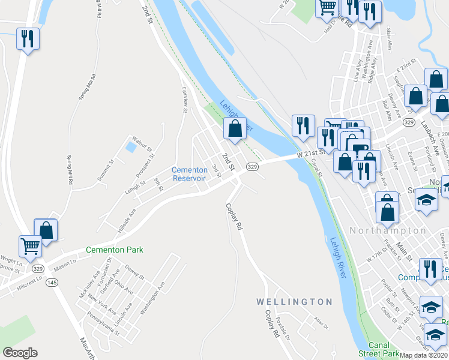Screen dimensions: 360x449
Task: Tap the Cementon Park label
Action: pyautogui.click(x=115, y=250)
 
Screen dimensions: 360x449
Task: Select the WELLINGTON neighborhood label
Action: pyautogui.click(x=294, y=301)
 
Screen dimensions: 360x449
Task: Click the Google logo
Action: pyautogui.click(x=20, y=353)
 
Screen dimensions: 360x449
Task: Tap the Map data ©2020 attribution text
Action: pyautogui.click(x=424, y=355)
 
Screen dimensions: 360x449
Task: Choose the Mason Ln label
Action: pyautogui.click(x=65, y=262)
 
